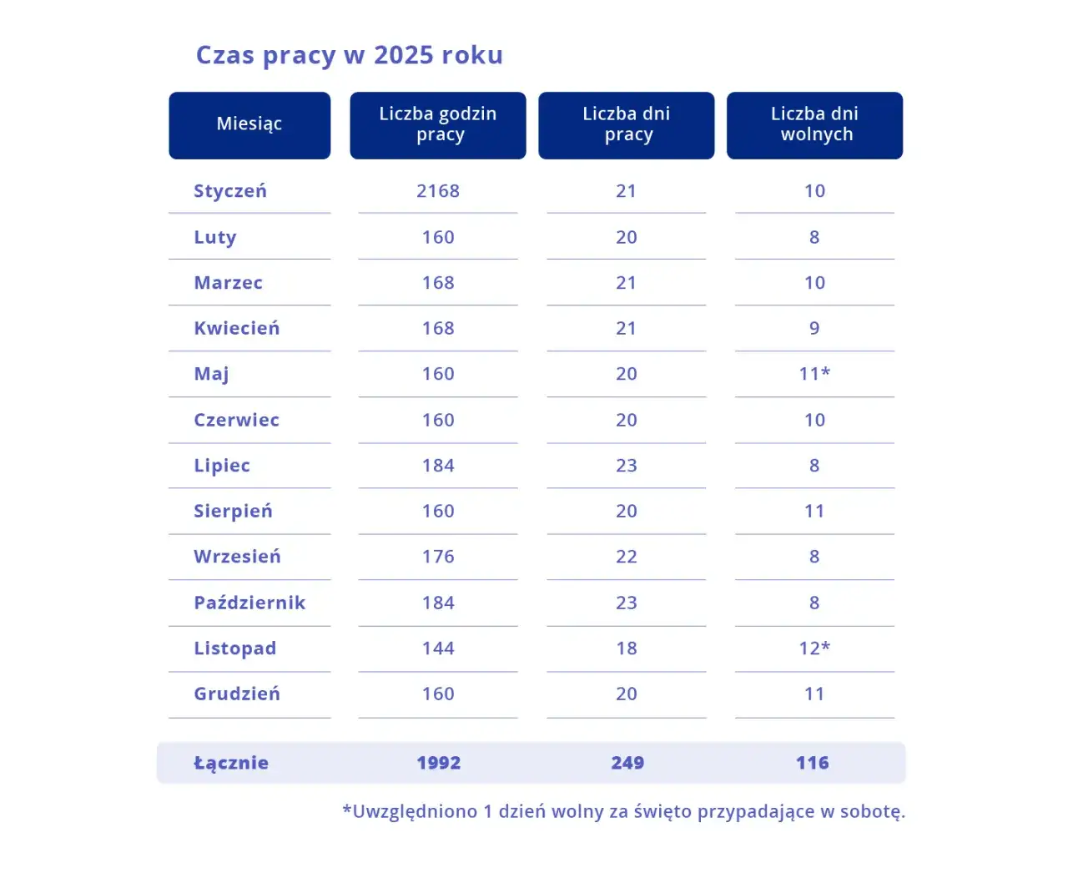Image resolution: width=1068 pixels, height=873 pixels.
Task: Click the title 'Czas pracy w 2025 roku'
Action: [349, 55]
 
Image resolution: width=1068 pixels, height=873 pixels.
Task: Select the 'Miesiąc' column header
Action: [249, 125]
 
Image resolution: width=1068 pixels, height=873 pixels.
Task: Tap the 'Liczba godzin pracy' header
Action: [437, 125]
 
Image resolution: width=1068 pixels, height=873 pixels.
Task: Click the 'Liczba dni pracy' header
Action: [626, 125]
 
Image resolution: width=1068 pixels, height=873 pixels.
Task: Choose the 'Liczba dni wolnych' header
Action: [814, 125]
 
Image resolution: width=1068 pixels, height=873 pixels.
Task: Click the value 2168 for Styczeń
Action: [438, 191]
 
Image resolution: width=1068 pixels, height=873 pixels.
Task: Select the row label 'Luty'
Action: [215, 238]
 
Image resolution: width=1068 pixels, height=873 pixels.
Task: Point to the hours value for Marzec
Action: [438, 283]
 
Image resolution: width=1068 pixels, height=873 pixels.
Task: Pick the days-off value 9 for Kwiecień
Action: [814, 328]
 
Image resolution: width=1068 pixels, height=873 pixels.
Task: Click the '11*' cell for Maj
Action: [814, 374]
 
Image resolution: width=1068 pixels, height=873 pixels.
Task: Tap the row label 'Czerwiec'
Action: [236, 420]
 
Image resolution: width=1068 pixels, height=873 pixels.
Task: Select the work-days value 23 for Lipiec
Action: [627, 466]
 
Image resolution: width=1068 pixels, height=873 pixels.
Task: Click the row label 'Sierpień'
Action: [233, 512]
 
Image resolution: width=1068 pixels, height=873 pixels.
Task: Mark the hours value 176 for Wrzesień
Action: [438, 557]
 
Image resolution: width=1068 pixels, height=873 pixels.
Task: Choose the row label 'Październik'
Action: [249, 603]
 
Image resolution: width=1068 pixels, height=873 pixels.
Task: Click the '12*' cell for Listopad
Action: [814, 648]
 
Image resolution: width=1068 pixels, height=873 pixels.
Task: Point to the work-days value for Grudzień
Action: [627, 694]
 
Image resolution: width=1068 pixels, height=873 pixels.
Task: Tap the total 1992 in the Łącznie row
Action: [439, 763]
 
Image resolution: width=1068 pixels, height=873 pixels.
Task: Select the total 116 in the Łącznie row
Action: [813, 763]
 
